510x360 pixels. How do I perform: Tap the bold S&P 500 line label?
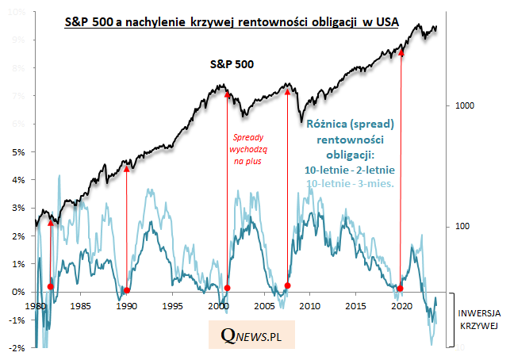[x=232, y=63]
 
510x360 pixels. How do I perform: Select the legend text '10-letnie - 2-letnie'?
[x=350, y=170]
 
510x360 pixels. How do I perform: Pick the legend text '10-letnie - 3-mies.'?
[x=350, y=184]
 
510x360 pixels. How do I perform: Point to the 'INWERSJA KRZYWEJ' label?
[x=481, y=320]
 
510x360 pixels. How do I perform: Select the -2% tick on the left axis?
[x=24, y=348]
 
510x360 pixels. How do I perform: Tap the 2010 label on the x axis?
[x=310, y=305]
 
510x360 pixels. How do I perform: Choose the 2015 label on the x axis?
[x=356, y=305]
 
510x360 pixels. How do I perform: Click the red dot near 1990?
[x=127, y=290]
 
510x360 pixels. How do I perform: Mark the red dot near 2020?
[x=401, y=288]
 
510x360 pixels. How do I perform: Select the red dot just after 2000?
[x=228, y=288]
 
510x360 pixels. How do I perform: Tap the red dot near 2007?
[x=287, y=285]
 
